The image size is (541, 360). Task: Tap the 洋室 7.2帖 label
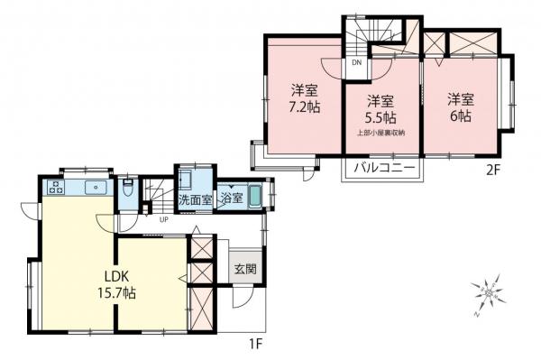(x=303, y=97)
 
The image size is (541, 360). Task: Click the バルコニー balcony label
(x=383, y=169)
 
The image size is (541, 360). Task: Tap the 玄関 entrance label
(x=245, y=268)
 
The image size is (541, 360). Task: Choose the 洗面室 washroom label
(x=195, y=198)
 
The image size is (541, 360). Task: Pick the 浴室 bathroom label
(x=231, y=198)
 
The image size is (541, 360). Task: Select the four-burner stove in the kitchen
(x=55, y=188)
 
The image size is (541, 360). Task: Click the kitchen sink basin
(x=94, y=188)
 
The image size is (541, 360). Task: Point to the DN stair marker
(x=356, y=62)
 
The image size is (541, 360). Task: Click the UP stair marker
(x=163, y=219)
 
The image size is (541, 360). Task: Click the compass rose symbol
(x=487, y=293)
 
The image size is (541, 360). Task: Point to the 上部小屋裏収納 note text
(x=380, y=134)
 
